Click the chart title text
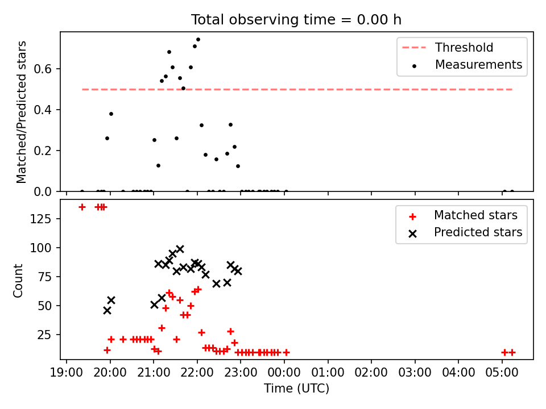[296, 20]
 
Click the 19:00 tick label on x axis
[67, 373]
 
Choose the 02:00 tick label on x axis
[371, 373]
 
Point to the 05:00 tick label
[502, 373]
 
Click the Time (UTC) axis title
[296, 389]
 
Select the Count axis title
[19, 280]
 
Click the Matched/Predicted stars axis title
[22, 112]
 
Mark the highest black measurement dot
[198, 40]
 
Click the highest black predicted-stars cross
[180, 249]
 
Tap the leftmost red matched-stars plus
[82, 207]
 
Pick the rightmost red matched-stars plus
[512, 352]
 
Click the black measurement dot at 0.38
[111, 114]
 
